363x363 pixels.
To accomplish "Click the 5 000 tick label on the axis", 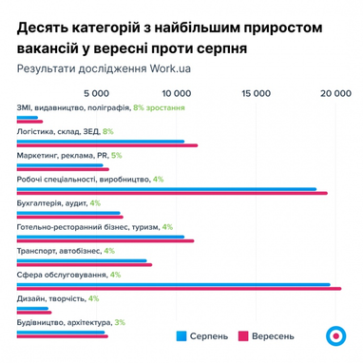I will point(99,93).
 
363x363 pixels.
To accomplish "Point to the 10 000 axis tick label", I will point(178,93).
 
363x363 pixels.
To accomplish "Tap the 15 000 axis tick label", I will point(257,93).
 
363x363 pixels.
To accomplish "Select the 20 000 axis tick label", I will point(335,93).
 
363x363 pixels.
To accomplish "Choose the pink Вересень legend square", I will point(243,335).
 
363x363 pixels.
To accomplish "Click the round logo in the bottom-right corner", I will point(334,336).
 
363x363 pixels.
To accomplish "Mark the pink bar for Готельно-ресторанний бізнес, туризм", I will point(105,241).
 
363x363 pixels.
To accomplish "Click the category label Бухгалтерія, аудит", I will point(52,202).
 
